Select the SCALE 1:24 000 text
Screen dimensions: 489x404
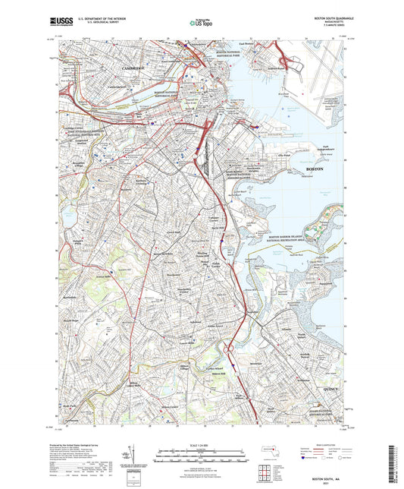click(202, 444)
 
